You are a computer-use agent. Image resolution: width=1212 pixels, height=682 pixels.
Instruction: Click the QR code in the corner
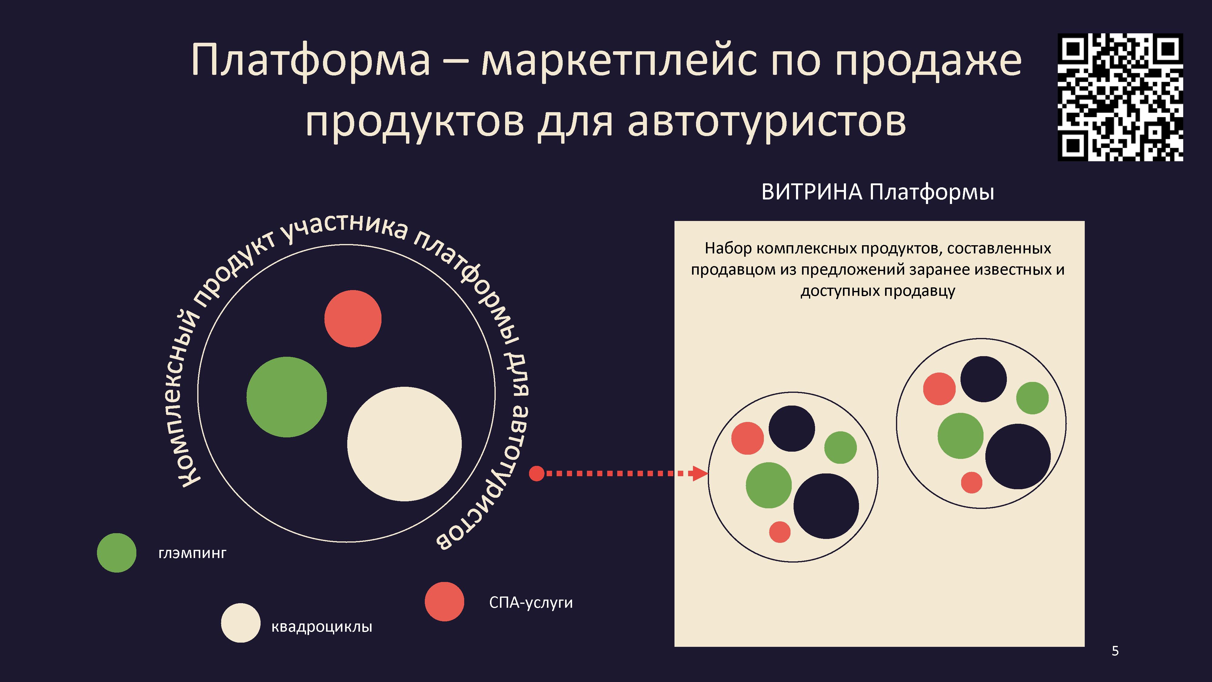[1120, 97]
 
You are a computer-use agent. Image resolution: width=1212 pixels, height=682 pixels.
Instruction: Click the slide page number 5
[1115, 651]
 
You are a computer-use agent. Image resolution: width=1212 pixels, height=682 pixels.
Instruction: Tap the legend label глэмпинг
[192, 553]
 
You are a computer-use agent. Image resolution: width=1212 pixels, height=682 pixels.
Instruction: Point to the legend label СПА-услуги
[531, 603]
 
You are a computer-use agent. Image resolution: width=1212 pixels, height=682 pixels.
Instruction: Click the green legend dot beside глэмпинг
[117, 553]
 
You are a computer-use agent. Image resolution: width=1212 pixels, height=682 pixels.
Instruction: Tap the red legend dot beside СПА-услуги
[445, 601]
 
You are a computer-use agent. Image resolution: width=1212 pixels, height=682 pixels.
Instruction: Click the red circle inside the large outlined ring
[353, 319]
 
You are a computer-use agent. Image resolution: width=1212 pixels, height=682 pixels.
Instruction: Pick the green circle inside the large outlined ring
[287, 397]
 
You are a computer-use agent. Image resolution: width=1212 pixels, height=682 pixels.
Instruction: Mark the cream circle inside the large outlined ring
[404, 444]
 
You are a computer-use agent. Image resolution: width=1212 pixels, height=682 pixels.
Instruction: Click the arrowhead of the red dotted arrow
[701, 473]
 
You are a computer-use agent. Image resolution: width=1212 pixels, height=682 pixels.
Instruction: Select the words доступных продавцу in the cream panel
[878, 291]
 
